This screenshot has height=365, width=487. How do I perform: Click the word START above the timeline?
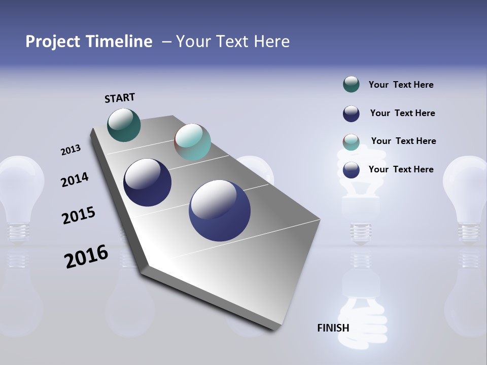(120, 98)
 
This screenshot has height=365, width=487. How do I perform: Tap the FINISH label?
(333, 328)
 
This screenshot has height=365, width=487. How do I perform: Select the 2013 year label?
(71, 150)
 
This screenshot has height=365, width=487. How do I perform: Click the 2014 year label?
(75, 179)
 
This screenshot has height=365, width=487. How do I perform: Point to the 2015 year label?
(78, 215)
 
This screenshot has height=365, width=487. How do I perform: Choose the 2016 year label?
(86, 257)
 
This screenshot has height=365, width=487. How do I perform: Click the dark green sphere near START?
(124, 125)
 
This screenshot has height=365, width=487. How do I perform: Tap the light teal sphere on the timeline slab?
(192, 142)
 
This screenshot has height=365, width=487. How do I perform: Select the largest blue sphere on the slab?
(220, 210)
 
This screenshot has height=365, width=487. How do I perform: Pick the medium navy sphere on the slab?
(147, 182)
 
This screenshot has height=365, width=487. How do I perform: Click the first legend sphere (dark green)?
(351, 84)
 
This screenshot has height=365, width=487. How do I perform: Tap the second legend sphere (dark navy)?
(351, 114)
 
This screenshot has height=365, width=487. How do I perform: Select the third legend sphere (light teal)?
(351, 142)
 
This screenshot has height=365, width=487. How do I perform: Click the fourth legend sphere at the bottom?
(351, 170)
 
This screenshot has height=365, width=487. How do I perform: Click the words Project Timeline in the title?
(89, 42)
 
